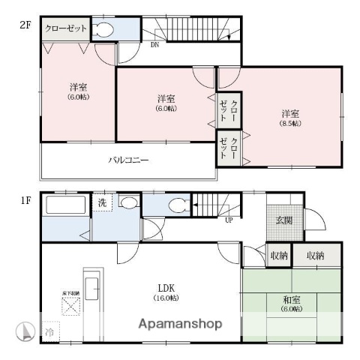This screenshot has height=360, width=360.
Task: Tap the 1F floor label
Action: click(x=25, y=200)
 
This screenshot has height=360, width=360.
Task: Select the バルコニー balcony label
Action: click(x=128, y=160)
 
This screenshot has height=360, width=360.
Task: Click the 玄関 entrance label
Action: click(x=285, y=220)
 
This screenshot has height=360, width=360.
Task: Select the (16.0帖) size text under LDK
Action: click(x=166, y=298)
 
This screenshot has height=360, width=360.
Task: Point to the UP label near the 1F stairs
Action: click(x=227, y=220)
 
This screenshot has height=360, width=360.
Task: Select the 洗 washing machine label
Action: click(x=102, y=202)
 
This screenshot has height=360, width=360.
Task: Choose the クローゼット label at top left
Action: click(x=65, y=29)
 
